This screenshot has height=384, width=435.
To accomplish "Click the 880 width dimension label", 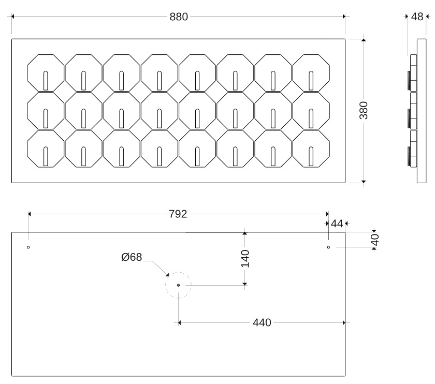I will click(179, 17).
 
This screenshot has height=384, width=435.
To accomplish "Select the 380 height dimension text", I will click(364, 110).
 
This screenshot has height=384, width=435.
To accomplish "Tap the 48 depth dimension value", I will click(417, 17).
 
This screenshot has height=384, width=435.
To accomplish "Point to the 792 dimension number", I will click(178, 214).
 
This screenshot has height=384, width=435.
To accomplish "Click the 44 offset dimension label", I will click(337, 224).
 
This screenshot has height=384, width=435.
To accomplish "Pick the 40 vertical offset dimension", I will click(375, 239).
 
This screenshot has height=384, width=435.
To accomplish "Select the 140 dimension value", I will click(245, 258).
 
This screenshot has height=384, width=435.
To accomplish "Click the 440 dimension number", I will click(262, 323).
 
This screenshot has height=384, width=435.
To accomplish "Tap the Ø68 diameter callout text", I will click(132, 257).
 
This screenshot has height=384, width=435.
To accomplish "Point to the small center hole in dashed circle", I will click(178, 285).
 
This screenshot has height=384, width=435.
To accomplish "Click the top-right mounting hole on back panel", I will click(328, 247).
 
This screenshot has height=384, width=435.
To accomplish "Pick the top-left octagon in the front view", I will click(46, 72).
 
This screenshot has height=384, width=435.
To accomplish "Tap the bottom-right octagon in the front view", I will click(311, 149).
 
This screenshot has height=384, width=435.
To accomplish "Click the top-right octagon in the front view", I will click(311, 72).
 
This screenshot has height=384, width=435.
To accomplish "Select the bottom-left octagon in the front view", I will click(46, 149).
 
